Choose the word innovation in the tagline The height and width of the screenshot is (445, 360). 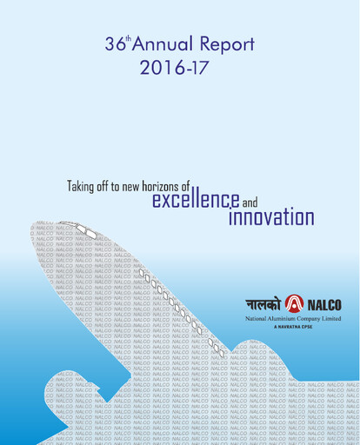(x=271, y=217)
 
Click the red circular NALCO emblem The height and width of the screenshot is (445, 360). (x=295, y=304)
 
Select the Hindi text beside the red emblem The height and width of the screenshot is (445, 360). (x=266, y=305)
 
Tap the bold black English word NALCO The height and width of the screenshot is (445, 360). (x=323, y=305)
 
